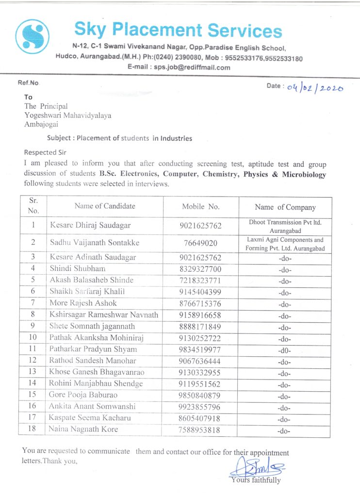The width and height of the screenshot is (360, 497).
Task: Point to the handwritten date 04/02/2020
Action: click(x=315, y=88)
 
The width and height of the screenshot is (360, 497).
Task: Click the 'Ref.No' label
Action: click(x=28, y=83)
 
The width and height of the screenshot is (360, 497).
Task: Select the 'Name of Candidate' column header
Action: click(x=105, y=206)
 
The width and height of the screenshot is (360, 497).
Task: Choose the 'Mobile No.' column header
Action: click(x=201, y=206)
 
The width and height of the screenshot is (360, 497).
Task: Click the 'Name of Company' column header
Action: click(x=285, y=207)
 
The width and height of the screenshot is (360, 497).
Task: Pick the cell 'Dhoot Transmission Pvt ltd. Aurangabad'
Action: click(x=285, y=226)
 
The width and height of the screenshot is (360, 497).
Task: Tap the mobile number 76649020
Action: click(x=200, y=243)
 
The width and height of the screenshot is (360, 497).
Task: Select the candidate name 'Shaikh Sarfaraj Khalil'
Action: click(x=87, y=291)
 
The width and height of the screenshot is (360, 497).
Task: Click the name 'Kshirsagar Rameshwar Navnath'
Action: click(x=104, y=315)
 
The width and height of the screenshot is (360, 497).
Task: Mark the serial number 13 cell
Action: click(x=33, y=372)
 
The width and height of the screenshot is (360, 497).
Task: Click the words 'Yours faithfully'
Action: click(x=256, y=480)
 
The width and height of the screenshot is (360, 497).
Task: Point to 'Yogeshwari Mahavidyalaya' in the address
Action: click(x=67, y=115)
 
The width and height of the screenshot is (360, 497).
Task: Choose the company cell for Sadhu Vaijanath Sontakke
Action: click(x=285, y=244)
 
